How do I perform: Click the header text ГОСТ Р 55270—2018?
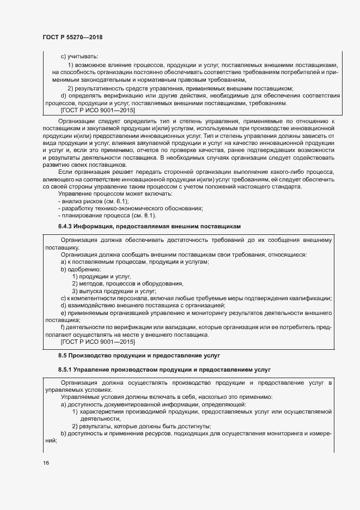pyautogui.click(x=72, y=37)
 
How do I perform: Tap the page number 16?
pyautogui.click(x=46, y=463)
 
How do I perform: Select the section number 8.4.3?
pyautogui.click(x=68, y=226)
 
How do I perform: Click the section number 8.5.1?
pyautogui.click(x=68, y=370)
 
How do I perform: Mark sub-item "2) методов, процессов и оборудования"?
pyautogui.click(x=127, y=283)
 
